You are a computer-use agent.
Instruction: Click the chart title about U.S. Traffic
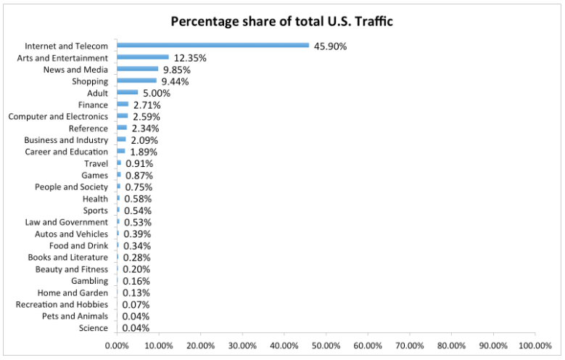pyautogui.click(x=281, y=20)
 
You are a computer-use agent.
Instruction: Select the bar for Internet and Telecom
pyautogui.click(x=213, y=46)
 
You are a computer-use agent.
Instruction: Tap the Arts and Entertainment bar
pyautogui.click(x=143, y=57)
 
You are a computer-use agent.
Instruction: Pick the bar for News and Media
pyautogui.click(x=137, y=69)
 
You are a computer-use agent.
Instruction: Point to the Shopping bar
pyautogui.click(x=136, y=81)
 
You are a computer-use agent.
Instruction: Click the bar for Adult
pyautogui.click(x=127, y=92)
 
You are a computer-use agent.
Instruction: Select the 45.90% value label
pyautogui.click(x=330, y=46)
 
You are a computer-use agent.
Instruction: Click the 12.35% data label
pyautogui.click(x=189, y=58)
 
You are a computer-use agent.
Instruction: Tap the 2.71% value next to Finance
pyautogui.click(x=147, y=105)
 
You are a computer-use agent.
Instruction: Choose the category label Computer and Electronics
pyautogui.click(x=58, y=116)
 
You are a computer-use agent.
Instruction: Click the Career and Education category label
pyautogui.click(x=66, y=152)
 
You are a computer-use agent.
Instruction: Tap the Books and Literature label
pyautogui.click(x=68, y=257)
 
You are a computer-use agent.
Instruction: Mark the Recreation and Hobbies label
pyautogui.click(x=62, y=304)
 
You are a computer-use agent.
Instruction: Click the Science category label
pyautogui.click(x=94, y=328)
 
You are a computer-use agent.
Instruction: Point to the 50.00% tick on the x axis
pyautogui.click(x=326, y=345)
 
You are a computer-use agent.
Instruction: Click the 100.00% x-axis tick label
pyautogui.click(x=536, y=345)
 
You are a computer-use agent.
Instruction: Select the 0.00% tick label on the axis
pyautogui.click(x=117, y=345)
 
